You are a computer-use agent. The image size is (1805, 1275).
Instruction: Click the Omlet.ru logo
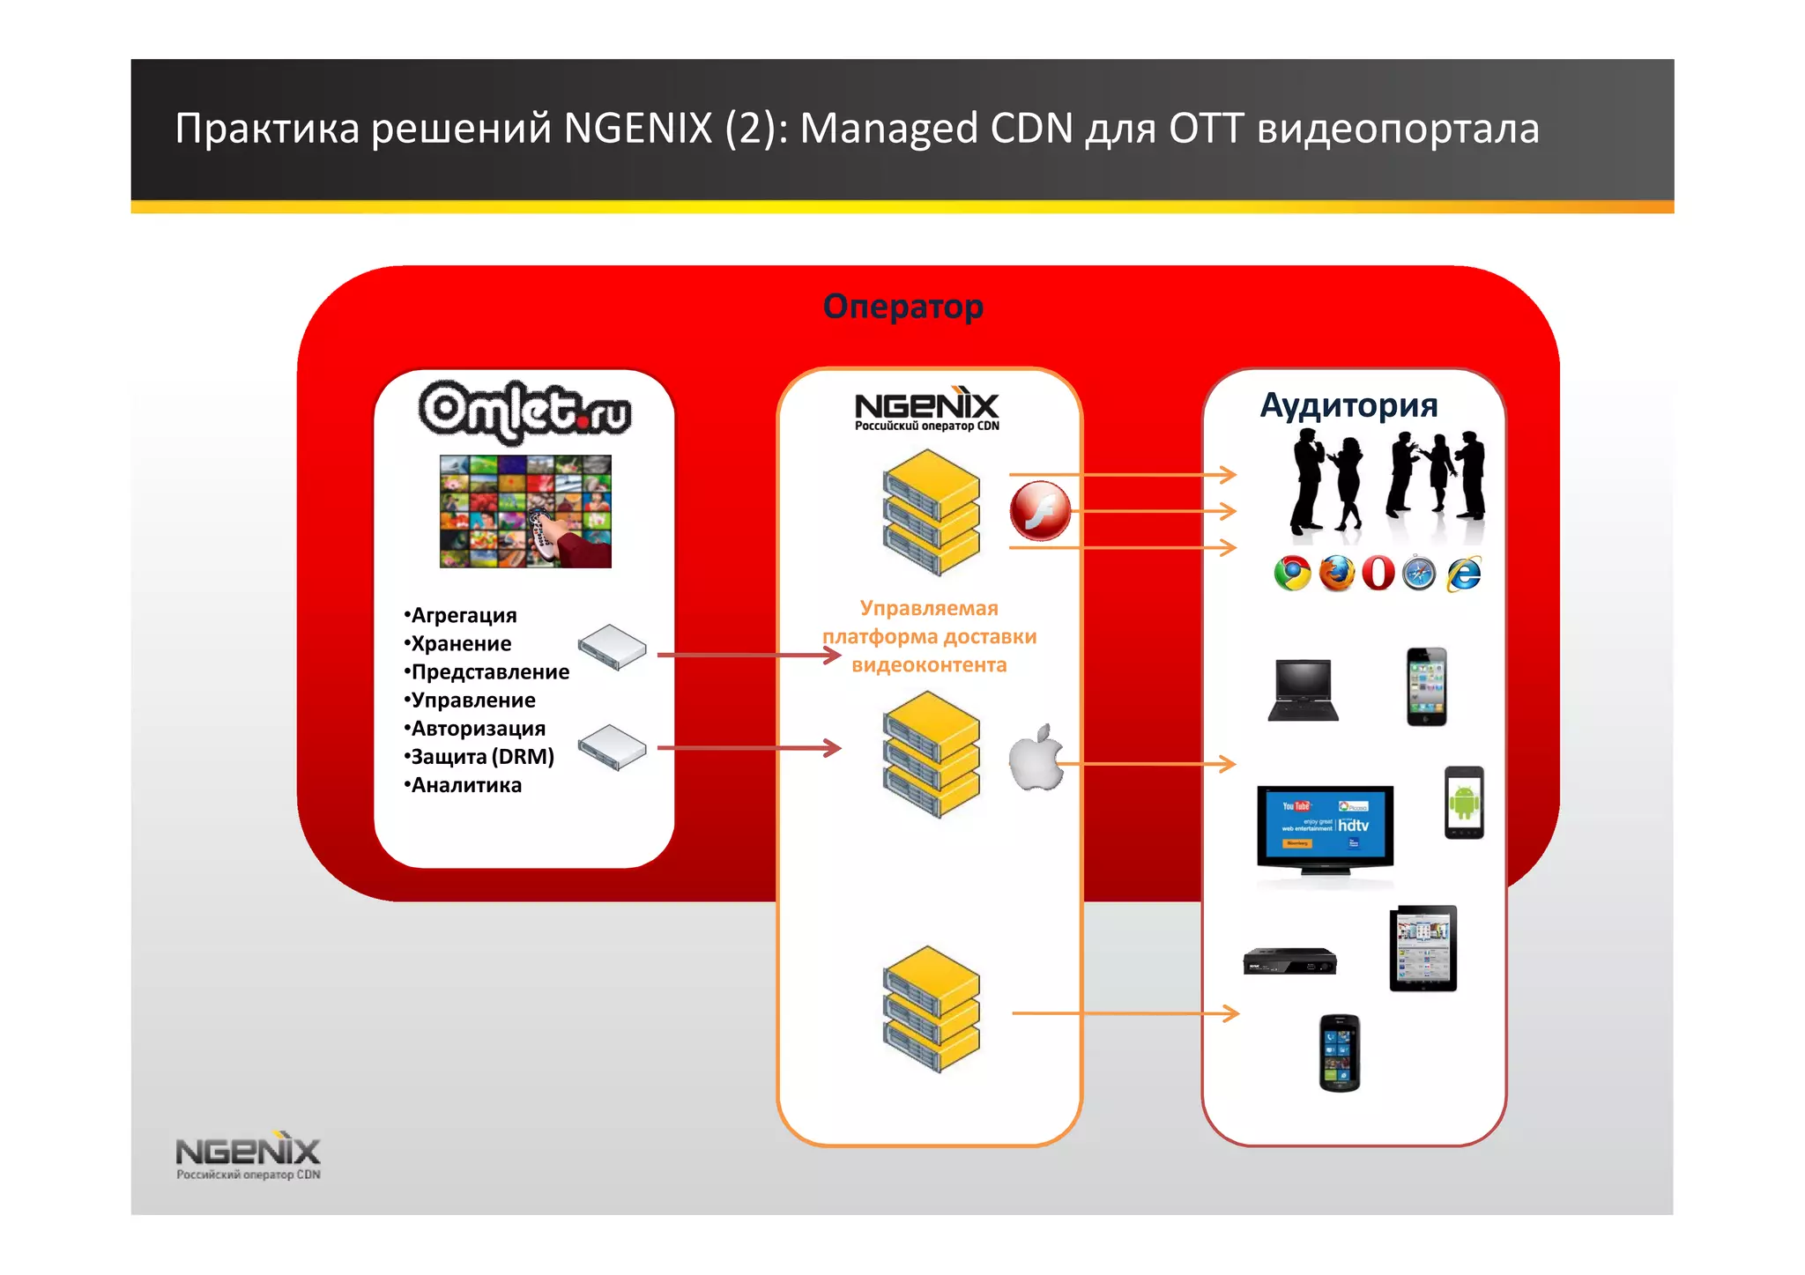(x=525, y=411)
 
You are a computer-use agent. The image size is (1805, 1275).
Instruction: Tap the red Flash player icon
(x=1040, y=511)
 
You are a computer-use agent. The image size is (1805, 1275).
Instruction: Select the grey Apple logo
(x=1036, y=759)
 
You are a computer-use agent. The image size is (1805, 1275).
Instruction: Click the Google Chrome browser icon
(x=1292, y=574)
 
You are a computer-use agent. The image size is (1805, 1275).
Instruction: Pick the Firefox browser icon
(x=1336, y=574)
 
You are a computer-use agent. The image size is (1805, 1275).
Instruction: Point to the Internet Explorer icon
(x=1464, y=574)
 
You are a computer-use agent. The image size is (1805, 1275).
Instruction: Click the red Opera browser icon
(x=1378, y=574)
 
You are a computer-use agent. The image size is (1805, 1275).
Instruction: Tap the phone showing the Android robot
(x=1464, y=803)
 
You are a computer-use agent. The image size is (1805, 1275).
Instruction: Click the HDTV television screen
(x=1325, y=828)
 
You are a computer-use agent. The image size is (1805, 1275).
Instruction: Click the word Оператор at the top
(x=902, y=307)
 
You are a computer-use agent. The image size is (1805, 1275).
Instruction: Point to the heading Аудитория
(x=1348, y=405)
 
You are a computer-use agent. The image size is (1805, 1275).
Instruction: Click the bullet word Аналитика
(x=465, y=785)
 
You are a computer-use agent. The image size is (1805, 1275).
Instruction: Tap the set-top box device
(x=1289, y=961)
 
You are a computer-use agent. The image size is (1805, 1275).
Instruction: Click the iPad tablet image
(x=1423, y=948)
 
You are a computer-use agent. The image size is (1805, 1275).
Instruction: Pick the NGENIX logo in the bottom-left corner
(x=248, y=1154)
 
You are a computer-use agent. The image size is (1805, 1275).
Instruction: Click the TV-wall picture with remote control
(x=525, y=511)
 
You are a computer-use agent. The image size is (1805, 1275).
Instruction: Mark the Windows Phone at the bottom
(x=1340, y=1053)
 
